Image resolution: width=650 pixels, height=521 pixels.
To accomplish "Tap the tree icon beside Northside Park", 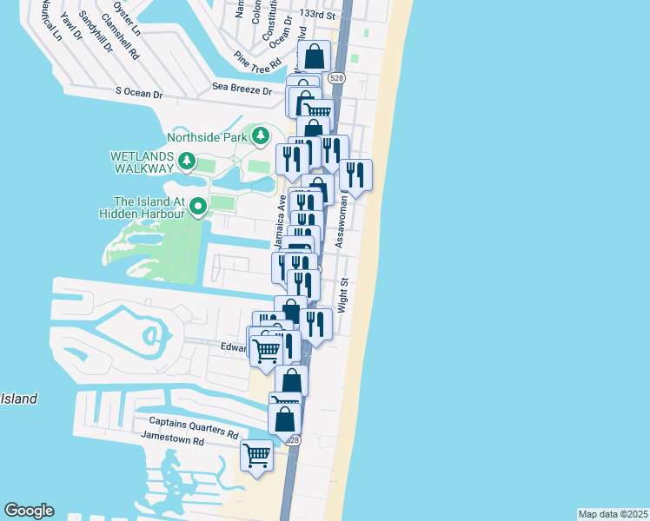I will point(261,135).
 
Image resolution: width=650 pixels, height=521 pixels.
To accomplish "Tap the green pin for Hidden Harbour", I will point(198,206).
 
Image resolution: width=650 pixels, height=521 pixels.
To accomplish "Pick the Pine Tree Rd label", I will point(258,60).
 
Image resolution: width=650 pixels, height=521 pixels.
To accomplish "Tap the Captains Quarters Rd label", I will point(189,432).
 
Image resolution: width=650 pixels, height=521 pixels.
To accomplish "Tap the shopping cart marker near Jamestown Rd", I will point(257,455).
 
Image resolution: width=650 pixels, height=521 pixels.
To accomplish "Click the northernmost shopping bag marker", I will point(314,57).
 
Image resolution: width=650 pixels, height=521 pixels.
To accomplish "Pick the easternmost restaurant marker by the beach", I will point(355,175).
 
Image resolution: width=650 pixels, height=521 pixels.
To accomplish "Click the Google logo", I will point(29,511).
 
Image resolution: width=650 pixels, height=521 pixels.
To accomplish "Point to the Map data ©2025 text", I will point(612,513).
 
